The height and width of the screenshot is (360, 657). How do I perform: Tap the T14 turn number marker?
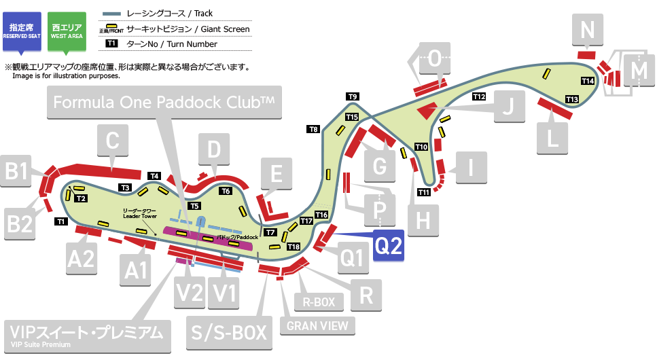588,81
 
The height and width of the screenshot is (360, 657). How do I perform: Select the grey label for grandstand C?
113,141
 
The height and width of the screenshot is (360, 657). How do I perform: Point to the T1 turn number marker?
61,221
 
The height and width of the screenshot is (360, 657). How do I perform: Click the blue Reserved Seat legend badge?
22,30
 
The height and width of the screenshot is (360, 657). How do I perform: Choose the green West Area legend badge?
67,30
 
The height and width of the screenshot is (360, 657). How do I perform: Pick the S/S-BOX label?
232,333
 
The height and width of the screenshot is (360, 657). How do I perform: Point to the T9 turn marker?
353,96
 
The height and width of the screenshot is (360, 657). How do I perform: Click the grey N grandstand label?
588,30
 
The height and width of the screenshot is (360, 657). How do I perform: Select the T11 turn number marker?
424,192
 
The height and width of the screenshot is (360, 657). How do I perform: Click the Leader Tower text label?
139,213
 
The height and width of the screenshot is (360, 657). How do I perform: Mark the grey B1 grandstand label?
18,173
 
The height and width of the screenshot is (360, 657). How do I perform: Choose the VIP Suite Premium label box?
86,335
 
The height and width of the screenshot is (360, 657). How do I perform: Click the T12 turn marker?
479,96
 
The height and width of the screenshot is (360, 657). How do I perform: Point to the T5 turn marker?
195,206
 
